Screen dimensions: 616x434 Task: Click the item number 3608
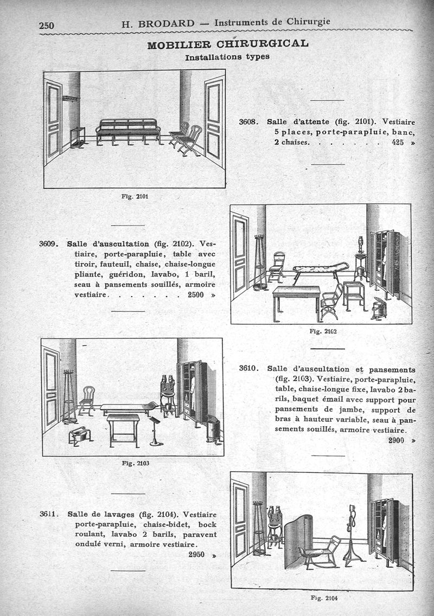click(251, 123)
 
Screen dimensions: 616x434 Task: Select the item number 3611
click(50, 515)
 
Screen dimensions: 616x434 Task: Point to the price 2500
click(197, 295)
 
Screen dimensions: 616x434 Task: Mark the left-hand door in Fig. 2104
click(240, 521)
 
